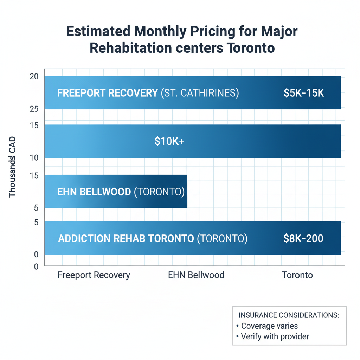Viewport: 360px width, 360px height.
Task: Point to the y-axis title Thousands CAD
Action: coord(13,167)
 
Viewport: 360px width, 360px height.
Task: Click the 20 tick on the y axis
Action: coord(34,77)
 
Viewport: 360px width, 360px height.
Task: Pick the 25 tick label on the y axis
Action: coord(34,109)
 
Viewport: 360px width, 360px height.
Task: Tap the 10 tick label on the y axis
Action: coord(34,158)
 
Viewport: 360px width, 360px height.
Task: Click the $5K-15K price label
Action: coord(303,93)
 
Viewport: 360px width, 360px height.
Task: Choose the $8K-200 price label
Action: coord(303,238)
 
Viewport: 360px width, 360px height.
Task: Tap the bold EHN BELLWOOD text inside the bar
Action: coord(94,192)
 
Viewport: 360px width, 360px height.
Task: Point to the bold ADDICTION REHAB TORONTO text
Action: coord(126,238)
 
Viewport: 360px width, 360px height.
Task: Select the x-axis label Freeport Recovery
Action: coord(94,275)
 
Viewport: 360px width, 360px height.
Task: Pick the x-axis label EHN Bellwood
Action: coord(196,275)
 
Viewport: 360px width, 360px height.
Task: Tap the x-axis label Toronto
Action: coord(297,275)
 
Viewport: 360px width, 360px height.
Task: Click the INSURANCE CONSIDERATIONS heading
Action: coord(289,315)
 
